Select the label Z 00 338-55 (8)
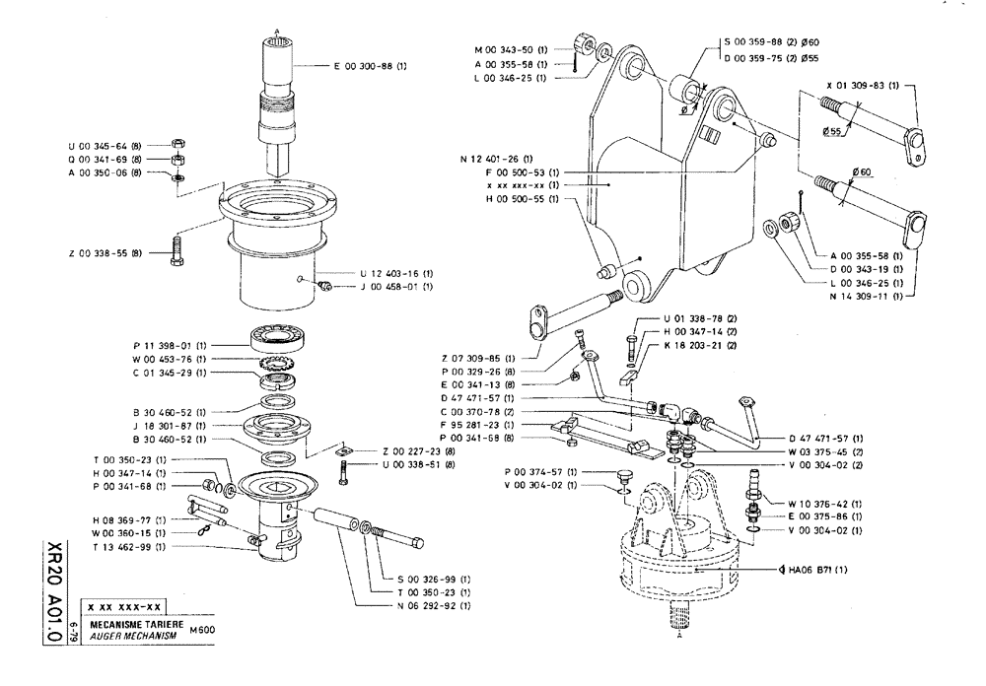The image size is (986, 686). pos(106,253)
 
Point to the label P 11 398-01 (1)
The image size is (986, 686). pos(169,347)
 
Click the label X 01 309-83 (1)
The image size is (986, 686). pos(865,86)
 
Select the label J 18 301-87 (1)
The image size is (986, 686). pos(169,425)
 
